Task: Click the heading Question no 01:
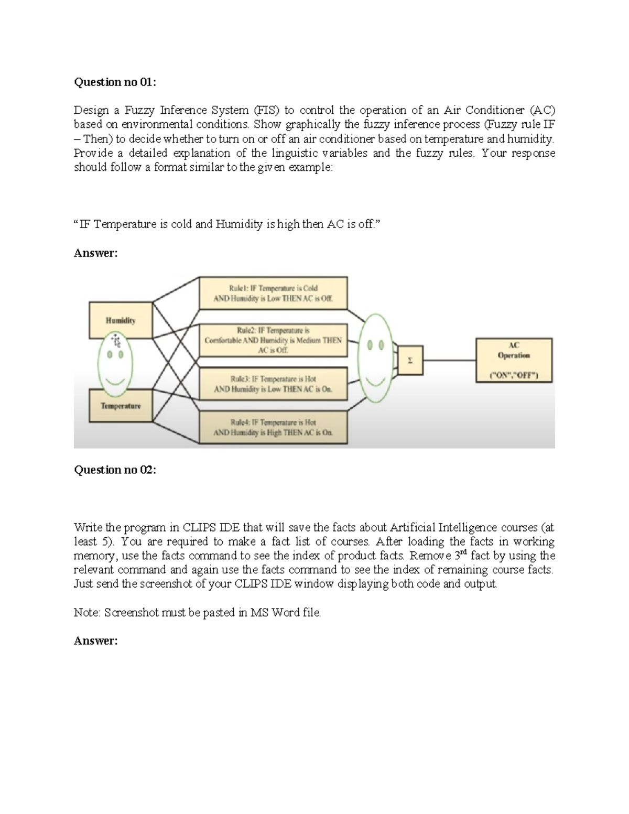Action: tap(115, 82)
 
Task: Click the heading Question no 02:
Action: tap(115, 470)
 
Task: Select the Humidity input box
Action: tap(121, 320)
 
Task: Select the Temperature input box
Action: tap(121, 406)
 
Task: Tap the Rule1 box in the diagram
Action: tap(273, 293)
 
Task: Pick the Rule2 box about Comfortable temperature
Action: tap(273, 340)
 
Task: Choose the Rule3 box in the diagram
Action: tap(273, 384)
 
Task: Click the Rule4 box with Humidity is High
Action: tap(273, 427)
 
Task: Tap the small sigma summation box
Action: tap(410, 360)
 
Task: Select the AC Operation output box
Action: tap(514, 360)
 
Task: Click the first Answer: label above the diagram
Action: tap(96, 253)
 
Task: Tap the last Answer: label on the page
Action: tap(96, 641)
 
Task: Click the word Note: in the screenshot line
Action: tap(87, 612)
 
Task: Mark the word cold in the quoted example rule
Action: tap(181, 224)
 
